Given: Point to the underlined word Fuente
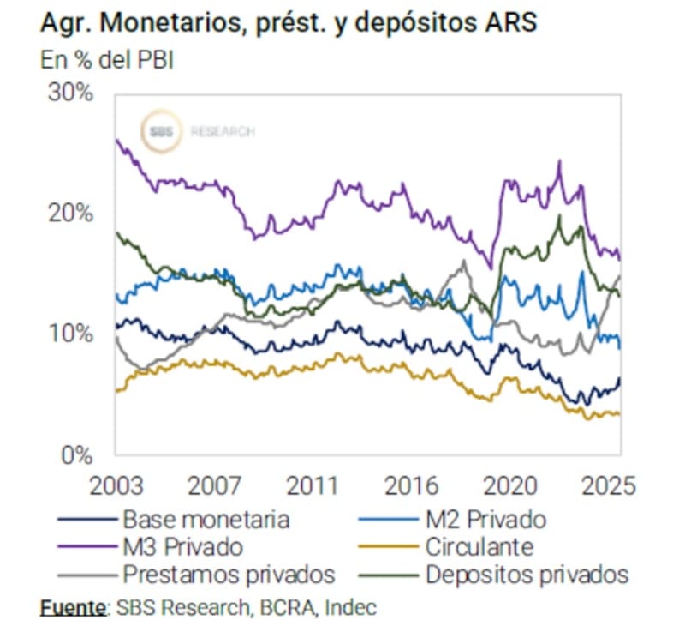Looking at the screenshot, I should (x=72, y=609).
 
